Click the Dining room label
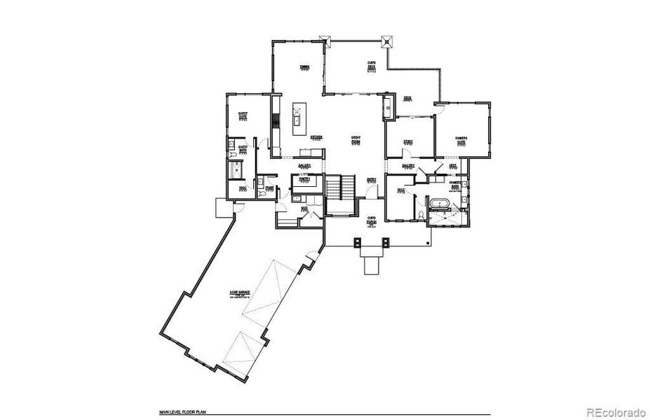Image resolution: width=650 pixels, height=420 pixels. point(305,68)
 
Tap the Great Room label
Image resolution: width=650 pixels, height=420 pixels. point(356,139)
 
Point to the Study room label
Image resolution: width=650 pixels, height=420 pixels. point(407,142)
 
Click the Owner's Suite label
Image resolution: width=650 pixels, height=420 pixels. point(461,140)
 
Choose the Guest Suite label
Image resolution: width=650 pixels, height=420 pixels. point(243,115)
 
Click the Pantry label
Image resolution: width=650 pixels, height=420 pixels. point(304,179)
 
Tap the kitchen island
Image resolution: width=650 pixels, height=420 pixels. point(298,120)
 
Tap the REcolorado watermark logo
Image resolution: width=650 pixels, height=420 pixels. point(615,411)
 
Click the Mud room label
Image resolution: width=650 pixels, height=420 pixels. point(304,209)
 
